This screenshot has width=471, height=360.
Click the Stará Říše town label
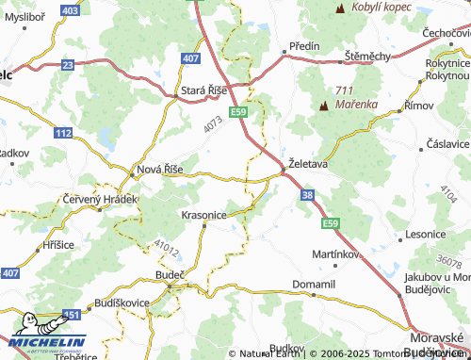pos(205,92)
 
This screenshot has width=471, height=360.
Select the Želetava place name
pos(309,163)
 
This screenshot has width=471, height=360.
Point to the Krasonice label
pos(203,215)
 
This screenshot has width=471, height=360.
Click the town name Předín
pos(305,46)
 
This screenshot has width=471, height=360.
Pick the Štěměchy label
pos(367,57)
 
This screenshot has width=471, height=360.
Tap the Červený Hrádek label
pos(100,200)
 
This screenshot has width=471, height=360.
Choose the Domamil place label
pos(315,283)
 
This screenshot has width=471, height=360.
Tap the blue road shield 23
pos(67,64)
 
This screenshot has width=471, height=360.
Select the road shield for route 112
pos(62,135)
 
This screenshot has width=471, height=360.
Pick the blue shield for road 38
pos(308,195)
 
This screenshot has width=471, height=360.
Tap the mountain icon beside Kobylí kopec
pos(338,8)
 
